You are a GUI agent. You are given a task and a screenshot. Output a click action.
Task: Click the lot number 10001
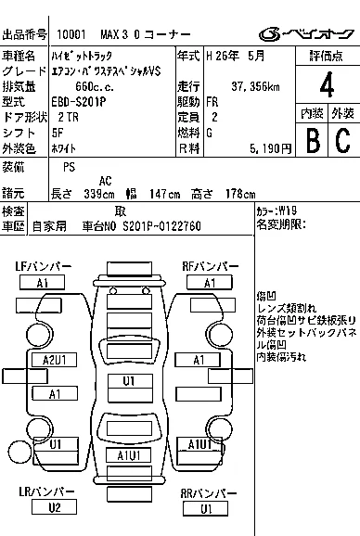[x=71, y=34]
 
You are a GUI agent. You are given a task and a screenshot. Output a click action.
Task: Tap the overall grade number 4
[x=327, y=84]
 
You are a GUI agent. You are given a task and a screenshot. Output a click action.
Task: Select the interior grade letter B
[x=313, y=140]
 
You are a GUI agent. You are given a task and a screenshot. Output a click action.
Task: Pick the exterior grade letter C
[x=343, y=140]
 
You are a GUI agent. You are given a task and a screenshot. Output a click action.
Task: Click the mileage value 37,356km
[x=255, y=86]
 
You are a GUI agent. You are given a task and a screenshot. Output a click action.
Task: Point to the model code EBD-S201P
[x=79, y=102]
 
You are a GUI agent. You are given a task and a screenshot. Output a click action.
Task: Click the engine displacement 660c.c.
[x=95, y=86]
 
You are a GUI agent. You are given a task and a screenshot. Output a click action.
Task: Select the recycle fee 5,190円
[x=270, y=148]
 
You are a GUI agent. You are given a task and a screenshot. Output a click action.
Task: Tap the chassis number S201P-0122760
[x=161, y=226]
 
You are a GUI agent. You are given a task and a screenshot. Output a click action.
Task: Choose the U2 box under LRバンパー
[x=54, y=507]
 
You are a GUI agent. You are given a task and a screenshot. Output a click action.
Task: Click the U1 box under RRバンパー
[x=205, y=509]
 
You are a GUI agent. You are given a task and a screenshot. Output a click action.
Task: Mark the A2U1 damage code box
[x=55, y=360]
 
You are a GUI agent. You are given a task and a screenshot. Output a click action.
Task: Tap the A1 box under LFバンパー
[x=42, y=283]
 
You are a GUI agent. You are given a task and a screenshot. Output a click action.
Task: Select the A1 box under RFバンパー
[x=210, y=283]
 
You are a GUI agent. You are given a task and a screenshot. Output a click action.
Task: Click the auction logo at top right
[x=306, y=33]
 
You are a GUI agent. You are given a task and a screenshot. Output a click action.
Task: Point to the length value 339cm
[x=99, y=194]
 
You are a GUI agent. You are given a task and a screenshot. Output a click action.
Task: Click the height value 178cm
[x=240, y=194]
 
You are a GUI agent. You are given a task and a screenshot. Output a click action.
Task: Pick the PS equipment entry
[x=69, y=167]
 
